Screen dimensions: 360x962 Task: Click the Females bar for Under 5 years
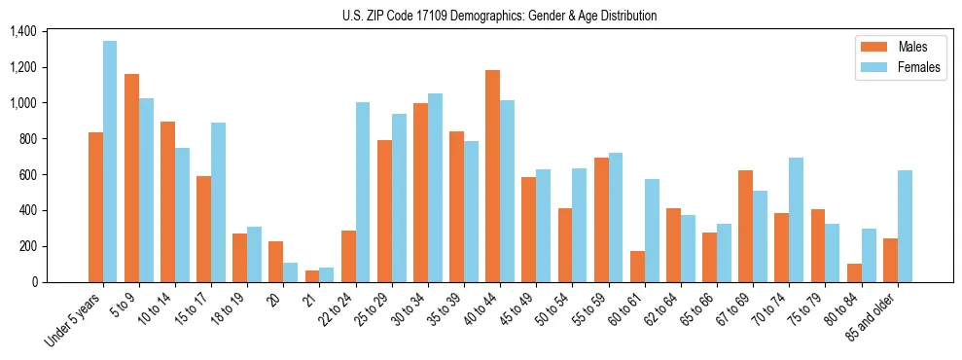110,162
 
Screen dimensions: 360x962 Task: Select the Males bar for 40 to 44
492,176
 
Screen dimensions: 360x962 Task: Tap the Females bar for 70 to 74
797,220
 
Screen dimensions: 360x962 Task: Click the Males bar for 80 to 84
854,272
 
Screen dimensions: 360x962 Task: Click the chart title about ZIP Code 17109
499,16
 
